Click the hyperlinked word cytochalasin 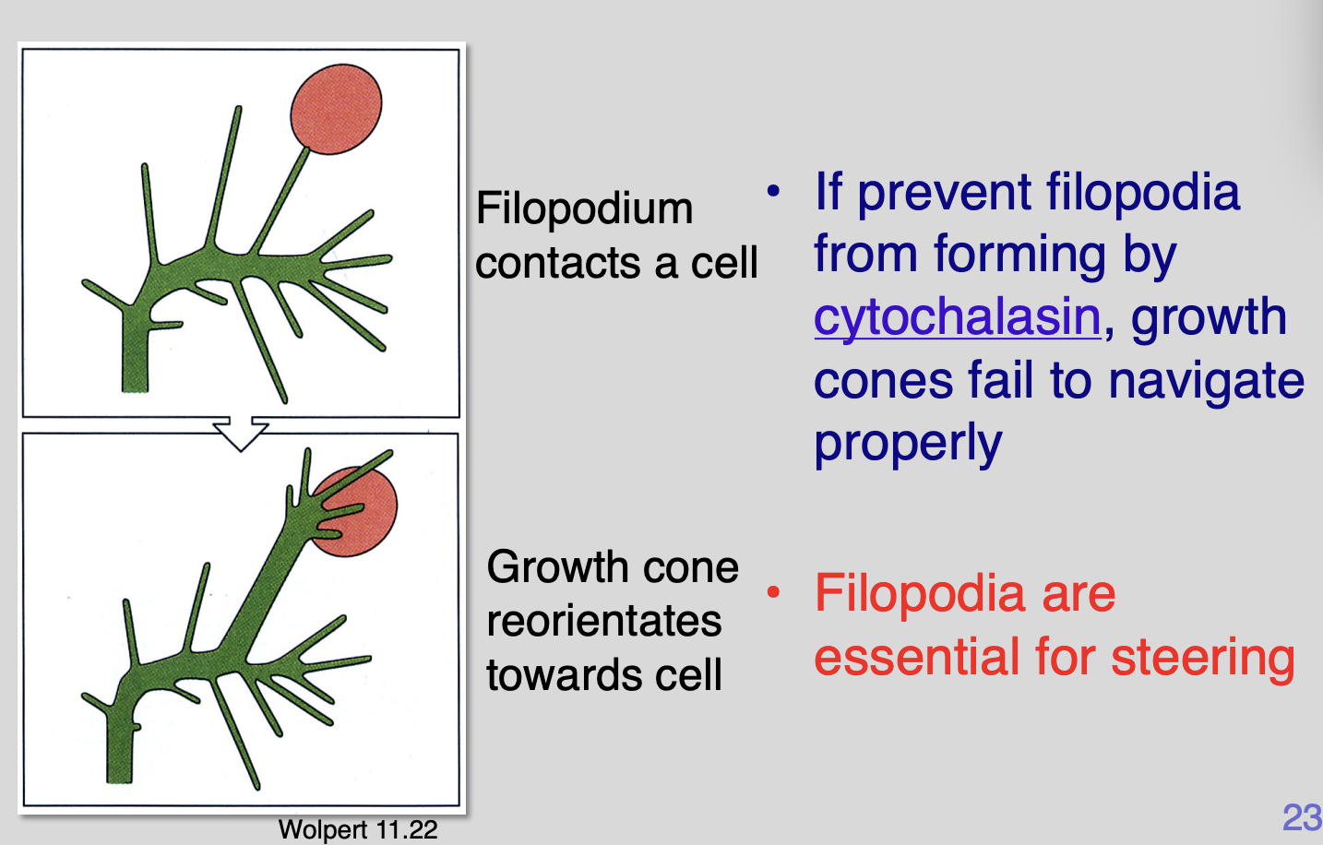pos(957,317)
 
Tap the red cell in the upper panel pos(336,109)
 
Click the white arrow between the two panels pos(241,434)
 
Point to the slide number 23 pos(1302,817)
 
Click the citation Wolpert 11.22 pos(358,829)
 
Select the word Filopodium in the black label pos(584,208)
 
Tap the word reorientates pos(604,621)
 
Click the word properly pos(908,444)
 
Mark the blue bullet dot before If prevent pos(773,192)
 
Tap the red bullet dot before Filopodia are pos(773,592)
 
